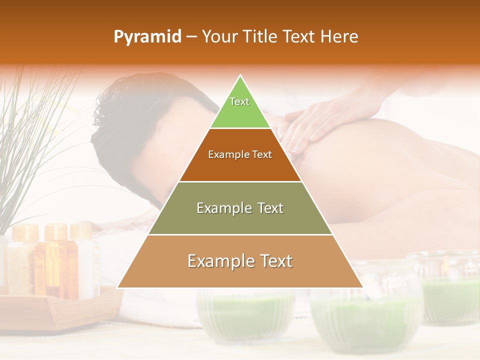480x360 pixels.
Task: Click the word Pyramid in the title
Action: tap(147, 37)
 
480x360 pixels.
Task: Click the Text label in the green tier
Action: tap(239, 101)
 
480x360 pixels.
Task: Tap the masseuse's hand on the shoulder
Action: tap(310, 125)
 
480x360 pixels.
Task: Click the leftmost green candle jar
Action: tap(245, 315)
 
